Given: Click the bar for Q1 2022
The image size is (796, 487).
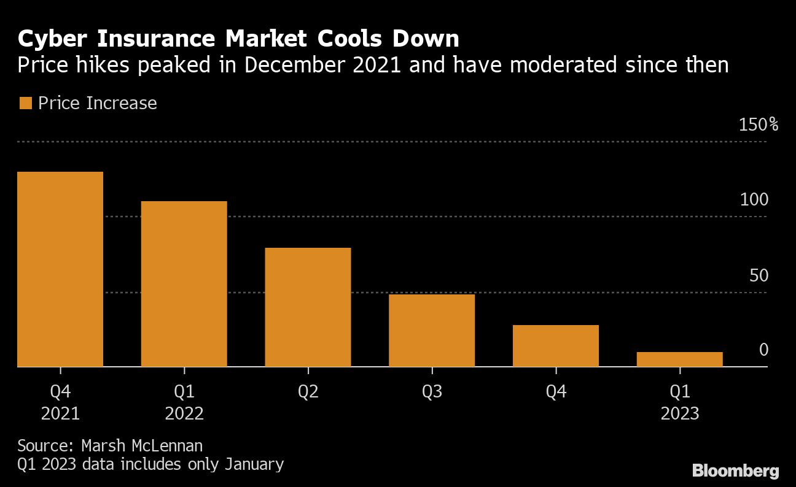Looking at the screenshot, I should click(x=184, y=283).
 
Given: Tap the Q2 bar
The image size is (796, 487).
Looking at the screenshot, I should click(x=308, y=307).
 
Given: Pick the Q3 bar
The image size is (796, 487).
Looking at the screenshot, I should click(x=432, y=330).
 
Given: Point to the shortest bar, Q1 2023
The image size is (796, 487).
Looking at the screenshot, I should click(x=679, y=359).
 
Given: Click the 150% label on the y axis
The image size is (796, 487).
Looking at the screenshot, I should click(x=759, y=125).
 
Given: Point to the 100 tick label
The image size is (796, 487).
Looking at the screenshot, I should click(x=755, y=200).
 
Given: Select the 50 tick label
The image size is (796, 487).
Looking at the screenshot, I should click(x=759, y=275).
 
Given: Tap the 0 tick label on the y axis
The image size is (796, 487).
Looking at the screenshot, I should click(x=763, y=350).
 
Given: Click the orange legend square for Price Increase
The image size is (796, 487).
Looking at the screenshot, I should click(x=25, y=103).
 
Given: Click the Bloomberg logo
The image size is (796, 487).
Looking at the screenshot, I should click(x=736, y=471).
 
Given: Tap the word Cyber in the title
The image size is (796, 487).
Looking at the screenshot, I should click(x=51, y=39).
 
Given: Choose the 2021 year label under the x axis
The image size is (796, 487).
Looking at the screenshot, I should click(x=60, y=413).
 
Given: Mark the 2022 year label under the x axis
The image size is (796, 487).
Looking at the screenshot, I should click(x=184, y=413).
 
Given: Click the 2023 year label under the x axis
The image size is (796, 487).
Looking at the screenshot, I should click(x=679, y=413).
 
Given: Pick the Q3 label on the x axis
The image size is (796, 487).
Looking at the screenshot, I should click(x=432, y=391).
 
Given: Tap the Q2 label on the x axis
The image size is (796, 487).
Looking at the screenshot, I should click(x=308, y=391).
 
